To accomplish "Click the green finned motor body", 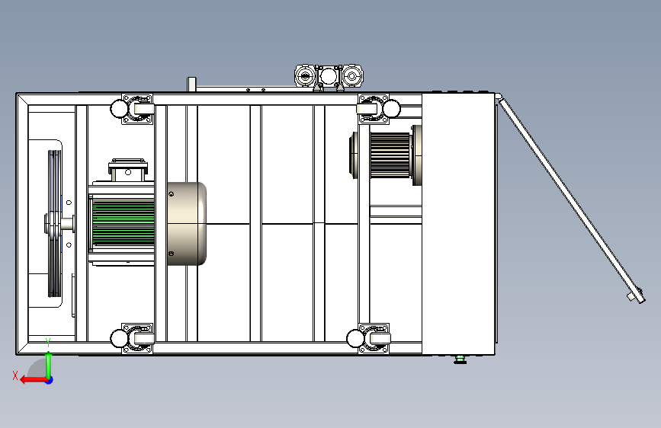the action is [x=123, y=224].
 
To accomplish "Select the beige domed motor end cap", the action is [x=187, y=224].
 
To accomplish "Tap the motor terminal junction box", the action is [x=128, y=169].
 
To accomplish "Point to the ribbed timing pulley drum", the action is [x=390, y=155].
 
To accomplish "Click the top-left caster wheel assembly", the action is [x=132, y=109].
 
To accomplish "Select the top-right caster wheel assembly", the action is [x=378, y=109].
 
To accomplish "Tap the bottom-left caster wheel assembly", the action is [x=132, y=338].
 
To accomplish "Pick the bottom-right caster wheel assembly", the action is [x=368, y=338].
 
